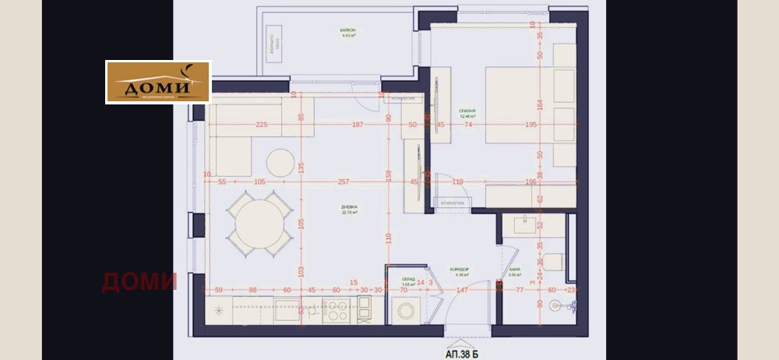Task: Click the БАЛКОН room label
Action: tap(347, 30)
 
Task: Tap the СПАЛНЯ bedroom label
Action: tap(467, 111)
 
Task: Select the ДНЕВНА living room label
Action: tap(349, 207)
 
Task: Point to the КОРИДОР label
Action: tap(460, 270)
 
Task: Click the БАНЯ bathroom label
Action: tap(514, 270)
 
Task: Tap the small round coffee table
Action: tap(280, 162)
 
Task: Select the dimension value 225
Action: tap(262, 125)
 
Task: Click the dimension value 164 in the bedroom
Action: tap(539, 104)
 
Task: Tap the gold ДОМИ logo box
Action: tap(158, 82)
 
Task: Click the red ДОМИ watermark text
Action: tap(139, 281)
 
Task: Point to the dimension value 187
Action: tap(357, 125)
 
